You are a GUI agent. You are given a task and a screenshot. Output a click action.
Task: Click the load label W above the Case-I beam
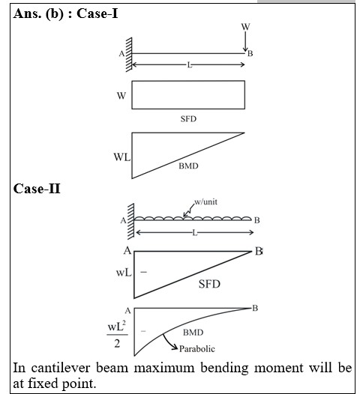pyautogui.click(x=245, y=27)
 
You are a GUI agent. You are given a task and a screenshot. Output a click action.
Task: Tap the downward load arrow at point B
pyautogui.click(x=245, y=42)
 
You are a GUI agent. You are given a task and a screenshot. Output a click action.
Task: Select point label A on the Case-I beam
pyautogui.click(x=121, y=54)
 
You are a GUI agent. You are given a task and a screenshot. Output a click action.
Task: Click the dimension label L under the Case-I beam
pyautogui.click(x=190, y=65)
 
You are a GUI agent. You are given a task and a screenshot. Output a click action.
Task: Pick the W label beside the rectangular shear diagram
pyautogui.click(x=121, y=96)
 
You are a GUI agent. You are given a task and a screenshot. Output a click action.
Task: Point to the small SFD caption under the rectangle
pyautogui.click(x=188, y=119)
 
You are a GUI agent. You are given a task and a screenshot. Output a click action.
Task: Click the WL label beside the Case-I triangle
pyautogui.click(x=122, y=157)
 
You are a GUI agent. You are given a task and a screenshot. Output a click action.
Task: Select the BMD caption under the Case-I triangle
pyautogui.click(x=188, y=166)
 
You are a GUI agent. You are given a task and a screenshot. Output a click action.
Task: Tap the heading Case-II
pyautogui.click(x=37, y=189)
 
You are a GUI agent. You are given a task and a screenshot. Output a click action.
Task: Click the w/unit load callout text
pyautogui.click(x=205, y=201)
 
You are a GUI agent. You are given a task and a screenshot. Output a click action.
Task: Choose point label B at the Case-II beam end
pyautogui.click(x=256, y=220)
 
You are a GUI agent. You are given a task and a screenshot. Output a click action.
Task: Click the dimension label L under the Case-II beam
pyautogui.click(x=195, y=233)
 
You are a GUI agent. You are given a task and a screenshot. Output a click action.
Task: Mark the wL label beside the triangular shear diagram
pyautogui.click(x=124, y=273)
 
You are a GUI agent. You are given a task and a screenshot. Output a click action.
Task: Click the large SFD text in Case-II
pyautogui.click(x=209, y=284)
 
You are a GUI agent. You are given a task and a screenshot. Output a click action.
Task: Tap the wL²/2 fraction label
pyautogui.click(x=117, y=335)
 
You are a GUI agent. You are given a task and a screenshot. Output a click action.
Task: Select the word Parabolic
pyautogui.click(x=197, y=349)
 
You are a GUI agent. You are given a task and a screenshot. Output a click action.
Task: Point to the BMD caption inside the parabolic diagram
pyautogui.click(x=193, y=333)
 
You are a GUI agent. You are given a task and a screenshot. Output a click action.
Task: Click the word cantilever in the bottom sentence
pyautogui.click(x=61, y=368)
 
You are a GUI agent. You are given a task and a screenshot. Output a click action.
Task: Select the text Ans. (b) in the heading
pyautogui.click(x=38, y=13)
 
